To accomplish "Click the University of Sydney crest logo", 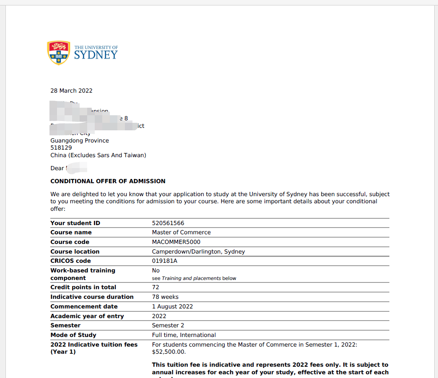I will click(58, 52).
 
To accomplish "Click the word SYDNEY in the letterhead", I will click(96, 55).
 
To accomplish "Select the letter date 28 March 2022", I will click(71, 91).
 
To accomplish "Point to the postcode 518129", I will click(61, 148).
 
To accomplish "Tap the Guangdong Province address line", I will click(80, 141).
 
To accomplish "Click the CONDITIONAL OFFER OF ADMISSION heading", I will click(108, 181).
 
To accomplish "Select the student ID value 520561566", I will click(168, 223).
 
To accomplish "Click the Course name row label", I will click(71, 233).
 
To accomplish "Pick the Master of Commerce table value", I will click(181, 233).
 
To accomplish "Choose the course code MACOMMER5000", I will click(176, 242).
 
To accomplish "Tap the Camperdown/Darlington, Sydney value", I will click(198, 252).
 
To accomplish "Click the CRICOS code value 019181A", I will click(164, 261).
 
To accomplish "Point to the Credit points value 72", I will click(156, 287).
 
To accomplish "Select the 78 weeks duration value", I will click(165, 297).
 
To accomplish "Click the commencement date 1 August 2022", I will click(172, 307).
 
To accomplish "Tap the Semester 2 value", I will click(168, 326).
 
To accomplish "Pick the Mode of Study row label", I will click(73, 335).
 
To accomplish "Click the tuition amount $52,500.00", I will click(168, 352).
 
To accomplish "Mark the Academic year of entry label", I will click(87, 316).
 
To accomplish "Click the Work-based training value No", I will click(156, 271).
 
